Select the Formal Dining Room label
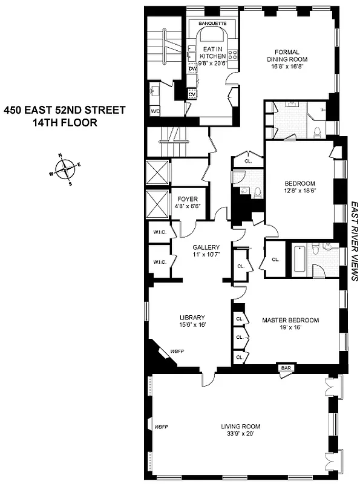click(287, 56)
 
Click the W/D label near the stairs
click(155, 111)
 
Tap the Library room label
click(192, 318)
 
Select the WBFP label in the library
click(177, 351)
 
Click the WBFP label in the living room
click(161, 427)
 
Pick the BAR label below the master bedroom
click(284, 367)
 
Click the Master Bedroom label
click(290, 320)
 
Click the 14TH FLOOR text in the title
click(65, 123)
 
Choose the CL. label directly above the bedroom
click(248, 161)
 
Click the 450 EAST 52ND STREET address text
click(65, 110)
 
